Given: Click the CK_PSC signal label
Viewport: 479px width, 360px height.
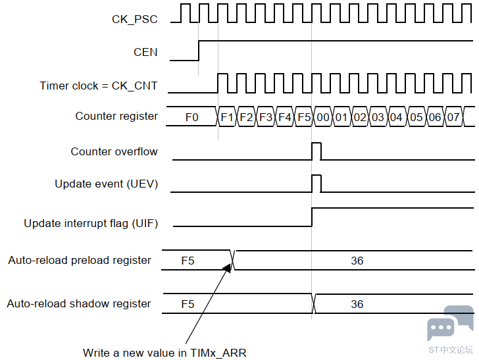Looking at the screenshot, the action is pyautogui.click(x=135, y=19).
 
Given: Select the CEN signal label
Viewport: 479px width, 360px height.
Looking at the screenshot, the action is pyautogui.click(x=145, y=52).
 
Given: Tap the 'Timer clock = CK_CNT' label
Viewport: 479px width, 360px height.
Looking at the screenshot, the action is pyautogui.click(x=99, y=86).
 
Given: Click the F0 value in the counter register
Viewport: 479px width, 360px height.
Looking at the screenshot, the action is pyautogui.click(x=192, y=117).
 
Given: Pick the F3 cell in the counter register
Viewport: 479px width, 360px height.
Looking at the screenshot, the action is pyautogui.click(x=266, y=117).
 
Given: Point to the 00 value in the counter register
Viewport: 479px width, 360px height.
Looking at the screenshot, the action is pyautogui.click(x=323, y=117).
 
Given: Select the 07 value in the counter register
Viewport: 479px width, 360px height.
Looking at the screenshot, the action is pyautogui.click(x=453, y=117).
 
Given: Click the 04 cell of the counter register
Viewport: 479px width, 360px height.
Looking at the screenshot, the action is pyautogui.click(x=396, y=117).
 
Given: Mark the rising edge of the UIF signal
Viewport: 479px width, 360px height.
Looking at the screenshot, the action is pyautogui.click(x=312, y=217).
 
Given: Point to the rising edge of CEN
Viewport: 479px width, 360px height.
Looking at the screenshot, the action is pyautogui.click(x=199, y=51).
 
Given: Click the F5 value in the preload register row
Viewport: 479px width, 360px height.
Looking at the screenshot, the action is pyautogui.click(x=188, y=261).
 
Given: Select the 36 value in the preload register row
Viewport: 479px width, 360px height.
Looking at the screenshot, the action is pyautogui.click(x=357, y=261).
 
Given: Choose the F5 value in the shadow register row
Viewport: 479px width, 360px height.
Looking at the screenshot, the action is pyautogui.click(x=188, y=304).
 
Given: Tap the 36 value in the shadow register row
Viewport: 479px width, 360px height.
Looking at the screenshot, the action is pyautogui.click(x=357, y=304).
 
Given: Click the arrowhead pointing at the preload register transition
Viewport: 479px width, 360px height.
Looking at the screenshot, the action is pyautogui.click(x=228, y=268).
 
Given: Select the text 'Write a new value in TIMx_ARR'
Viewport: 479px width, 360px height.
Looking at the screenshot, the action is pyautogui.click(x=164, y=353).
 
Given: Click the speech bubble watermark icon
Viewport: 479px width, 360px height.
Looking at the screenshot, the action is pyautogui.click(x=450, y=323).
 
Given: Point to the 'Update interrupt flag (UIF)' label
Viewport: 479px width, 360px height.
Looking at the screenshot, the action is pyautogui.click(x=91, y=223).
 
